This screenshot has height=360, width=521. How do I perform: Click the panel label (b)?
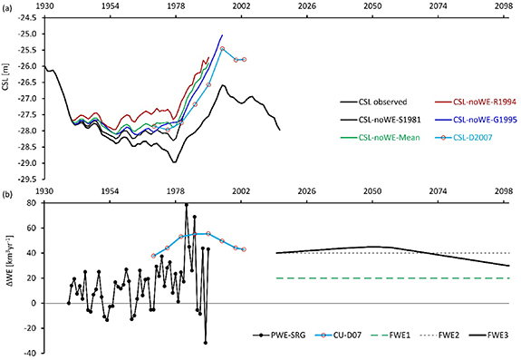(x=7, y=191)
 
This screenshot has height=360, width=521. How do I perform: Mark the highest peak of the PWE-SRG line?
(x=186, y=205)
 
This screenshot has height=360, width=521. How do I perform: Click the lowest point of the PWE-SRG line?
(x=206, y=343)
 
